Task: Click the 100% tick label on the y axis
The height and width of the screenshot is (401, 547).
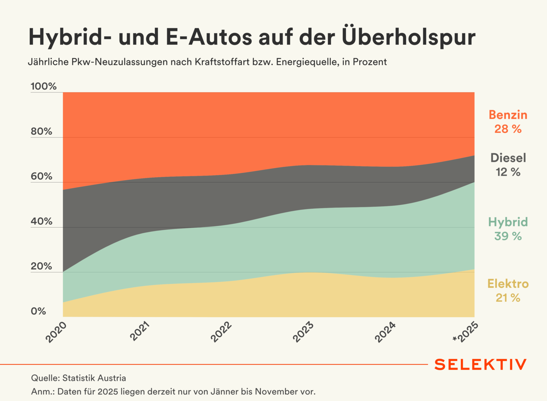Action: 43,86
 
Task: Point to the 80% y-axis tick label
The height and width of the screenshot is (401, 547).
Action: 41,131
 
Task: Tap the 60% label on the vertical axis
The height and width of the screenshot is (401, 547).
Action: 41,176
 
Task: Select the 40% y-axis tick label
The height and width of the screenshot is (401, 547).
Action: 41,221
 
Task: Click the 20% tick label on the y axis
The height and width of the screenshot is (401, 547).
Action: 41,266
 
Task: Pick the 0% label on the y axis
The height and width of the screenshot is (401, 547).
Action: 38,311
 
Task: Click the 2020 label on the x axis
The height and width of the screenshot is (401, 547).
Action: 56,332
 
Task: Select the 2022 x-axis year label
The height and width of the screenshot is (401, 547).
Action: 221,332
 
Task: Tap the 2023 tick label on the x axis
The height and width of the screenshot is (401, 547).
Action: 303,332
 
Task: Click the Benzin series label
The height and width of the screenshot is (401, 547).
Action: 508,115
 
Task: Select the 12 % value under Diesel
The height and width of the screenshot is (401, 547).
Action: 508,172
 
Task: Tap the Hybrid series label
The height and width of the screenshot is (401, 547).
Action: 508,222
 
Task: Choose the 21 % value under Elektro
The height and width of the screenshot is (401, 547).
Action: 508,298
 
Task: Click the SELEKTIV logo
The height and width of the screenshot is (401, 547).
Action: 480,365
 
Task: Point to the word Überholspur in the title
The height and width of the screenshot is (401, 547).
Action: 409,37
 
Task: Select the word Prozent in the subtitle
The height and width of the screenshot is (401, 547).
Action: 370,62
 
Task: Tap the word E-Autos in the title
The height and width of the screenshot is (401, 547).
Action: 209,37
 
